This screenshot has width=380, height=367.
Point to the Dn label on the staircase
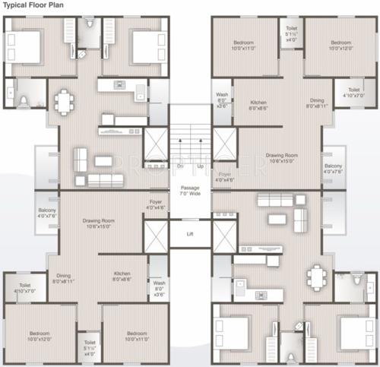pos(180,165)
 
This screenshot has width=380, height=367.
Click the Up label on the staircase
pos(200,165)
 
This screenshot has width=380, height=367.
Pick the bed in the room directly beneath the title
pos(27,47)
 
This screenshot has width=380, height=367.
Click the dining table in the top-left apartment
pos(64,100)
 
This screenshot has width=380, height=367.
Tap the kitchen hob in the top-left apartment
pos(119,84)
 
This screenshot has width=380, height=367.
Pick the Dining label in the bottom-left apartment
pos(62,278)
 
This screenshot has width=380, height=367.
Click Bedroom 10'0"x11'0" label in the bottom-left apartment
pos(137,336)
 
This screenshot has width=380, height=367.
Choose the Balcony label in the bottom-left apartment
pos(46,215)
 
